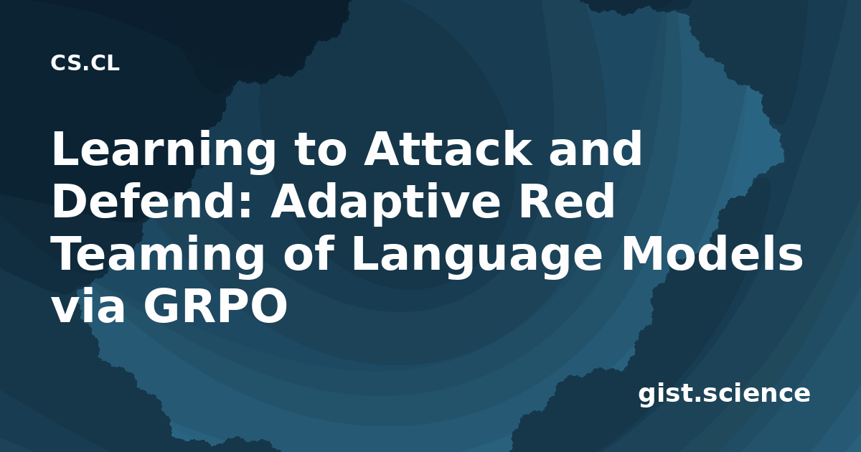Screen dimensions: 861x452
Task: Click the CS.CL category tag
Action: coord(85,63)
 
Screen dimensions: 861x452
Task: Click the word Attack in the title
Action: coord(448,148)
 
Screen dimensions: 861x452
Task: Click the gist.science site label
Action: coord(724,395)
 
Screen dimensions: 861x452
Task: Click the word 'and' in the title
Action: coord(596,148)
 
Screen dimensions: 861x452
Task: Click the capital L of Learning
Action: coord(65,148)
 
